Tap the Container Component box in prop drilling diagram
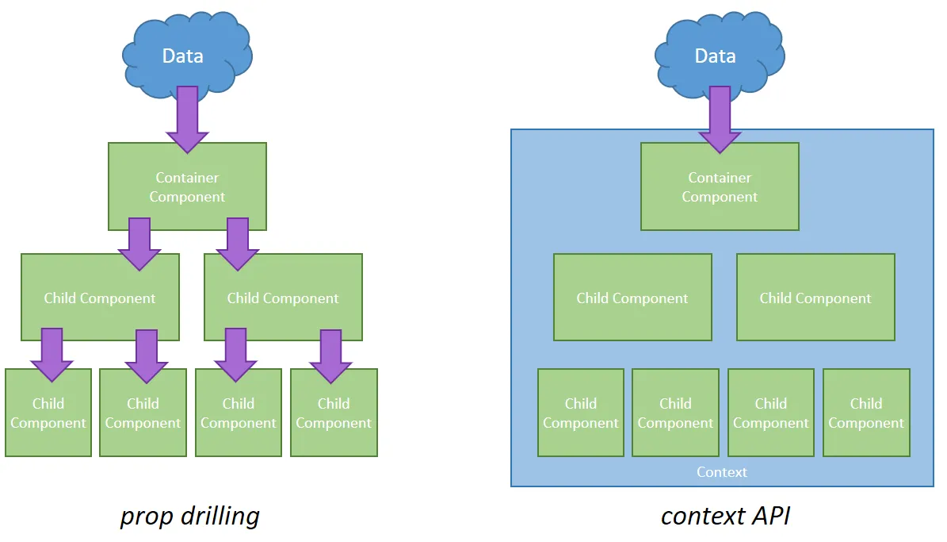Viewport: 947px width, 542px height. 187,186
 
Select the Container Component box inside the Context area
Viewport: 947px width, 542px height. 720,186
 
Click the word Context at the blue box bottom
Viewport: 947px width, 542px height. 722,472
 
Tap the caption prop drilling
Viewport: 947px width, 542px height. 189,517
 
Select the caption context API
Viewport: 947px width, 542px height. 725,517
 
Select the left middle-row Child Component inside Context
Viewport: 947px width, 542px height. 632,298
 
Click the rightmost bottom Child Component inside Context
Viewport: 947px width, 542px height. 866,413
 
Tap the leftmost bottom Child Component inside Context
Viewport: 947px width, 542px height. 581,413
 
